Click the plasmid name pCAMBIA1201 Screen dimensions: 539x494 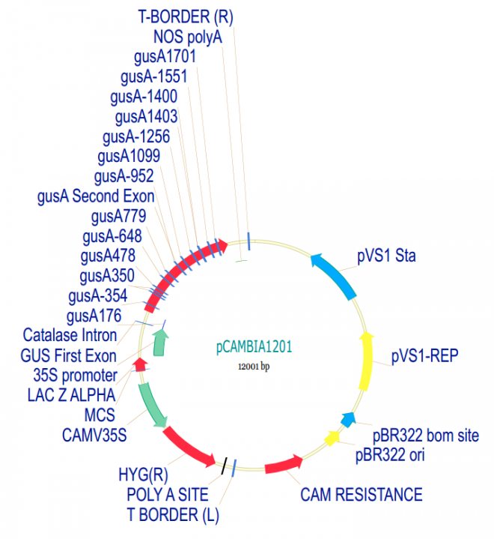(254, 347)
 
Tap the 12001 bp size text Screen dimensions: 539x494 (254, 366)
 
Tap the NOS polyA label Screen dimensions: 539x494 (188, 36)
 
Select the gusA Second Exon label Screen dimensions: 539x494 (96, 196)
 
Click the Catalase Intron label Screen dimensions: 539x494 (70, 334)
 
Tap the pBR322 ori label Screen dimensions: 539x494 (389, 454)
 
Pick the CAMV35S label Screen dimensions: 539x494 (94, 433)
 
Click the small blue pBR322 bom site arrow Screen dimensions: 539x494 (347, 419)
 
